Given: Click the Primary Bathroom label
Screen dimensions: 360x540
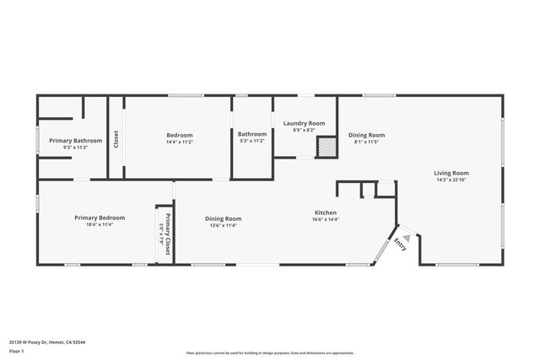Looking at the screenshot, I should tap(75, 140).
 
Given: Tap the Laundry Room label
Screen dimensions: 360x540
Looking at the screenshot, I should tap(304, 123).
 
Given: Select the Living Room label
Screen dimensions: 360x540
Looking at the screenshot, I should tap(452, 172).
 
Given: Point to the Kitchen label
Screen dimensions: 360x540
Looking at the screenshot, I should tap(326, 212).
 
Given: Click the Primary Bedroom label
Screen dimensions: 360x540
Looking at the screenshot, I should tap(93, 218).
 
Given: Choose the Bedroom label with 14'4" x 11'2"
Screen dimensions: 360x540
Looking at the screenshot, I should tap(179, 135).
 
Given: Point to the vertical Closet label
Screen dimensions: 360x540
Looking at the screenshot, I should tap(116, 138).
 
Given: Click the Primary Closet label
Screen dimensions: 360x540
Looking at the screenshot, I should tap(168, 234).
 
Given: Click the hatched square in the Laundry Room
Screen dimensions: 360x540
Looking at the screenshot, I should tap(326, 148).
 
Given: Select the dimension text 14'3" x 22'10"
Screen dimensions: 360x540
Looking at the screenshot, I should tap(452, 179).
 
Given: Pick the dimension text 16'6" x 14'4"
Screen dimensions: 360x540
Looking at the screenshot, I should tap(326, 219).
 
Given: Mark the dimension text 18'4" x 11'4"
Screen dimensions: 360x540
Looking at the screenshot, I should tap(93, 224).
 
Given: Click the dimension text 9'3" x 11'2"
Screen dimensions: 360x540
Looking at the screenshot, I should tap(75, 147).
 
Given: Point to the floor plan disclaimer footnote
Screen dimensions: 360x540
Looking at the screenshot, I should tap(269, 353).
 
